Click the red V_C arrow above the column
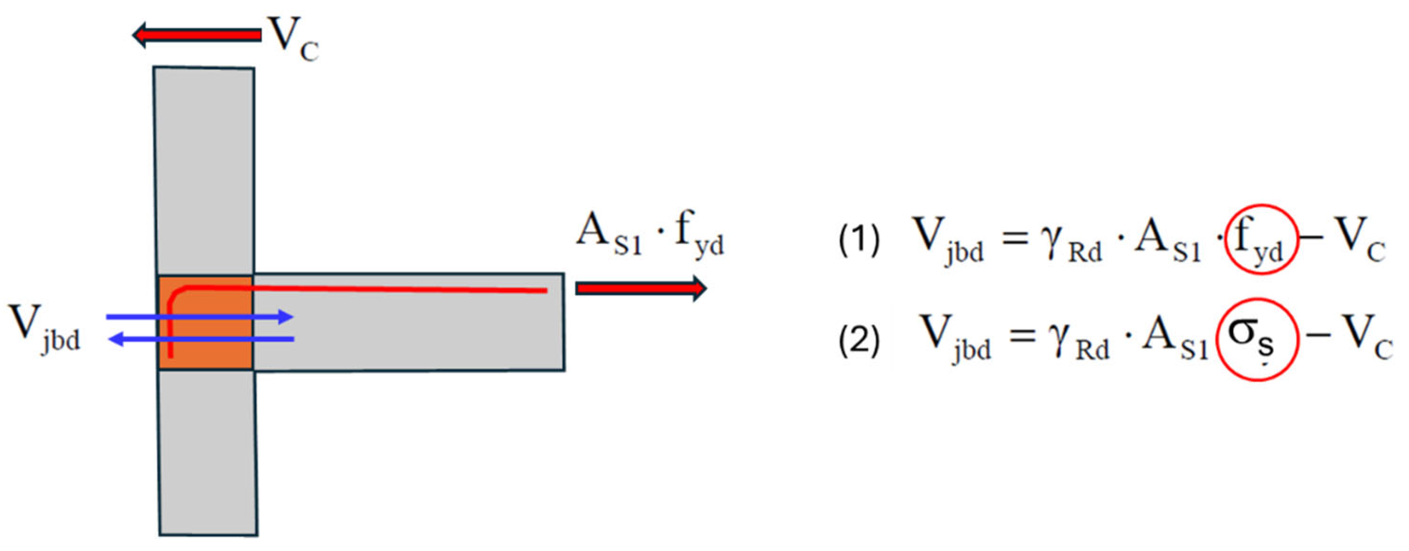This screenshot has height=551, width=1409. [197, 35]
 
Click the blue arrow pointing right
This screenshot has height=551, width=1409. [199, 317]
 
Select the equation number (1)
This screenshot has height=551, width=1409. [859, 241]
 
